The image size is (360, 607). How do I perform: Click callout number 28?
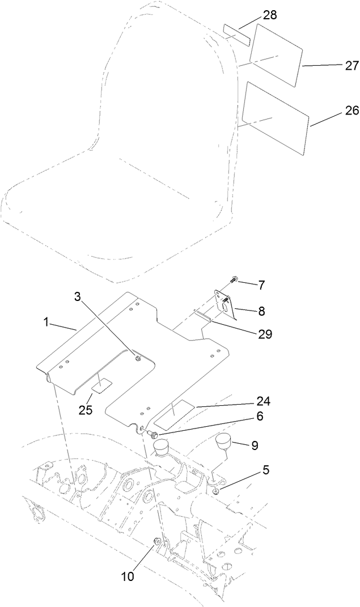coord(270,15)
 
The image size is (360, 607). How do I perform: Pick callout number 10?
coord(128,576)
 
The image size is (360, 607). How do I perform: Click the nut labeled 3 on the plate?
coord(138,357)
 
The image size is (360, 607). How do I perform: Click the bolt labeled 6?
coord(153,434)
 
